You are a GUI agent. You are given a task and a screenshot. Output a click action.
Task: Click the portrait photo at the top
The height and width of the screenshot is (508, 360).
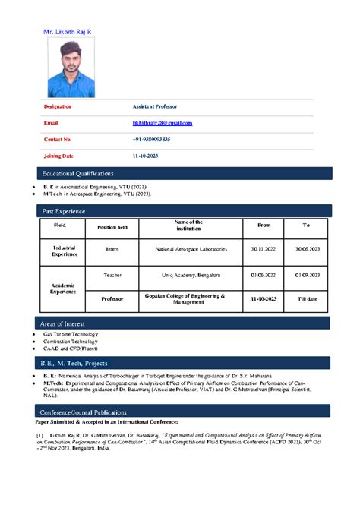pyautogui.click(x=71, y=68)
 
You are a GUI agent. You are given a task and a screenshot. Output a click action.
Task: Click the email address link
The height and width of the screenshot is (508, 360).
pyautogui.click(x=163, y=123)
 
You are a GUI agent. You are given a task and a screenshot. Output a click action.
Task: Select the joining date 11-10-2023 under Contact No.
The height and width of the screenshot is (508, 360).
pyautogui.click(x=145, y=156)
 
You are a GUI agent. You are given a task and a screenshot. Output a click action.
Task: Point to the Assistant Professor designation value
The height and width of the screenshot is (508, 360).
pyautogui.click(x=155, y=107)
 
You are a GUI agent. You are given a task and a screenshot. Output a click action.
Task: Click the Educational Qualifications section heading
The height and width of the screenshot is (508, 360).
pyautogui.click(x=78, y=174)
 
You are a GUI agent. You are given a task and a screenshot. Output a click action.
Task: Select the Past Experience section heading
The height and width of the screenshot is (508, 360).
pyautogui.click(x=64, y=210)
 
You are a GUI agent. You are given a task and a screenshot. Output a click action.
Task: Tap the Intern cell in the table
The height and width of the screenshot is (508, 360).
pyautogui.click(x=112, y=249)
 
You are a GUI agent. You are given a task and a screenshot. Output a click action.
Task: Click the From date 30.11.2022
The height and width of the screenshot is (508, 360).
pyautogui.click(x=264, y=249)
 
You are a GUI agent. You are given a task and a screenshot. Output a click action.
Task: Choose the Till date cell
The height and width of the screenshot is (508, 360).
pyautogui.click(x=307, y=299)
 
